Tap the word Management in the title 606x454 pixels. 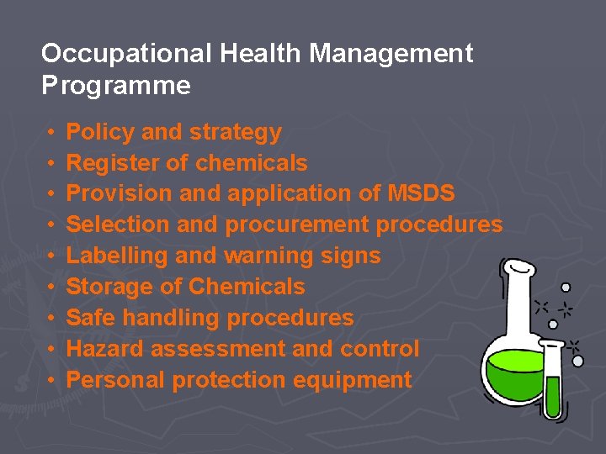[x=391, y=55]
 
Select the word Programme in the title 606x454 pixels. [x=115, y=86]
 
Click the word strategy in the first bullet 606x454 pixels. [x=236, y=132]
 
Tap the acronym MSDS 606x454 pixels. [x=422, y=193]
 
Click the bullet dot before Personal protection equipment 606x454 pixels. [x=50, y=380]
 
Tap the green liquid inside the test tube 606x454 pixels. [x=552, y=395]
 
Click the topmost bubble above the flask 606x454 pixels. [x=566, y=287]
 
